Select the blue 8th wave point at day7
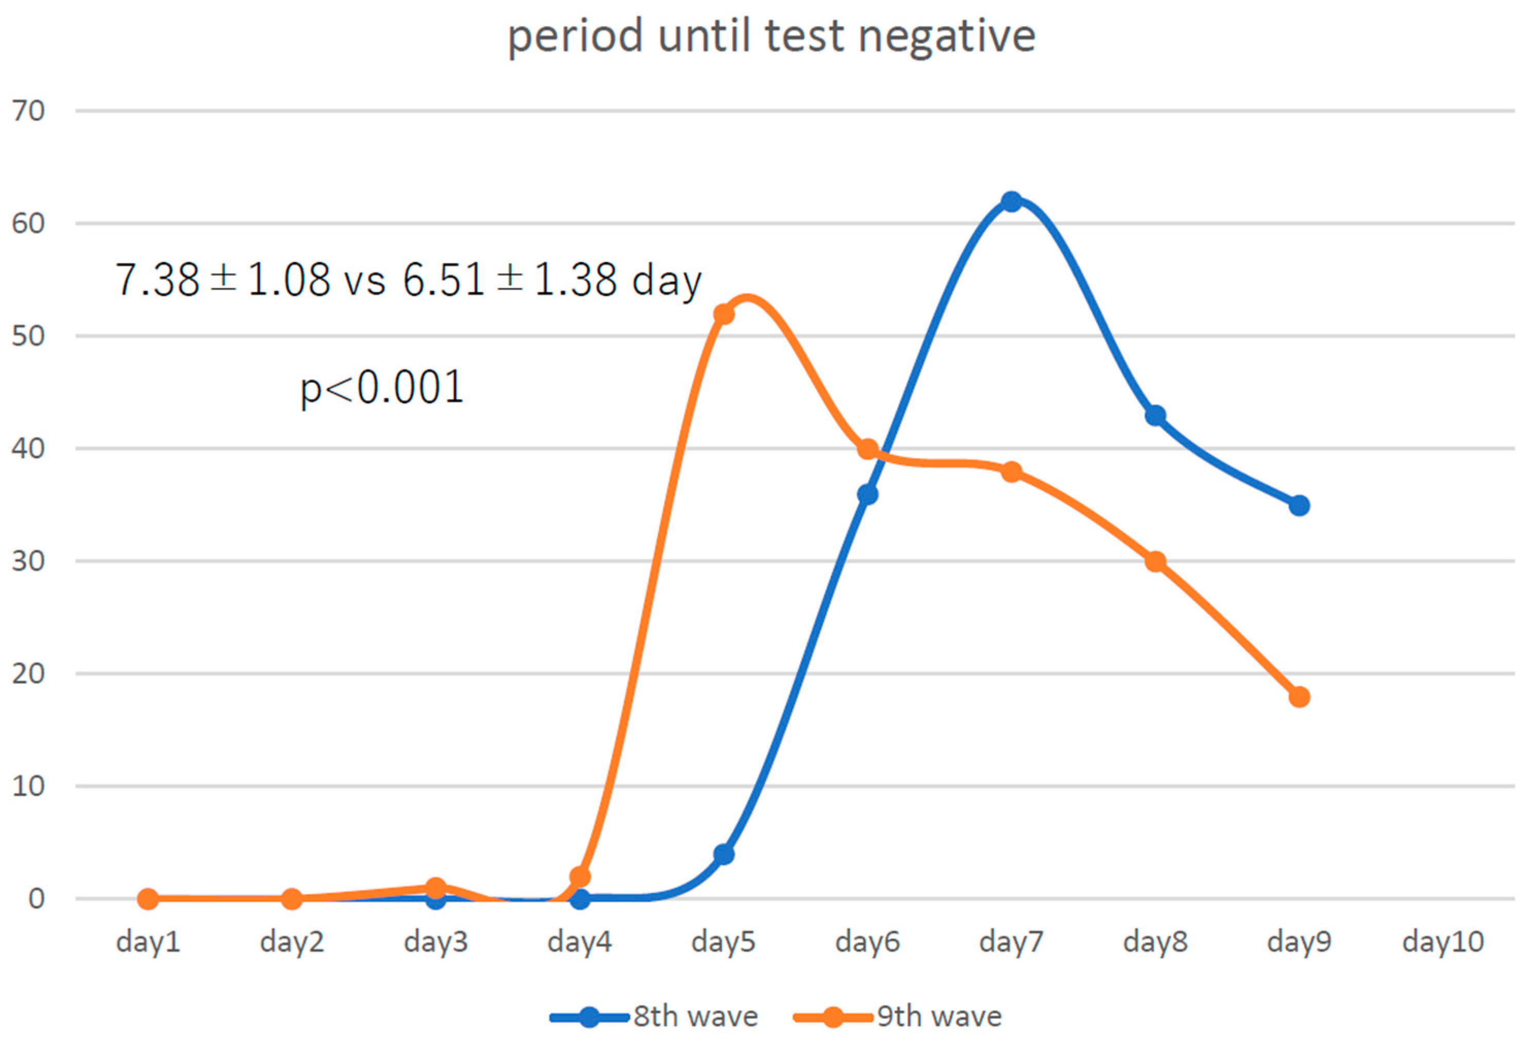click(1011, 201)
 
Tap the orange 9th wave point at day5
click(724, 314)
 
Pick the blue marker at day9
click(1299, 506)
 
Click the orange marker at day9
click(1299, 697)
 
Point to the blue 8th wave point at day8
click(1155, 416)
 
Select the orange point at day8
click(1155, 561)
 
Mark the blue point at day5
click(724, 854)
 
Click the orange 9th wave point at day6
click(868, 449)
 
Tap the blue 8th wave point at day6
click(868, 494)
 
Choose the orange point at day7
click(1011, 472)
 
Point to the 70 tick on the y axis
click(28, 111)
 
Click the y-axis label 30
click(28, 561)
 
